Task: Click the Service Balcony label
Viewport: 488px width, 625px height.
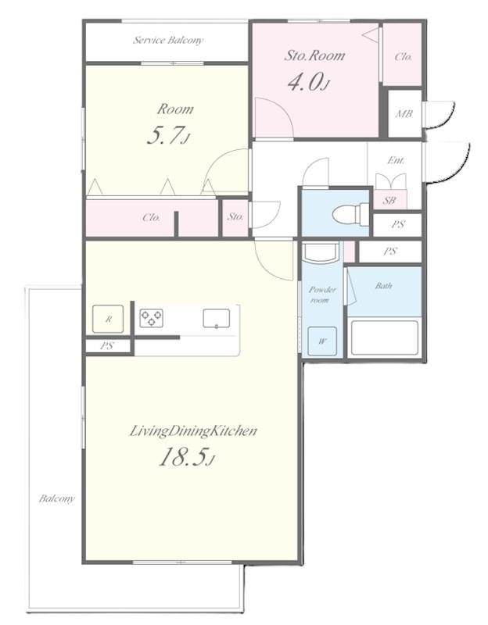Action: click(168, 40)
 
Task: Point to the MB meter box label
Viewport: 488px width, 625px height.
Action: click(404, 114)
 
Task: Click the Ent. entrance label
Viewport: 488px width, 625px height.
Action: click(396, 160)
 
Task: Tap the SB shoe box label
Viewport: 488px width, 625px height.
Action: click(389, 201)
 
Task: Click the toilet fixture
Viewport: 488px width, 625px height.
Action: click(351, 214)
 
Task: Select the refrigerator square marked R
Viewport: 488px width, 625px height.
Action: click(108, 319)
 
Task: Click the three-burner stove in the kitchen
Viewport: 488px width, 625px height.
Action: click(151, 318)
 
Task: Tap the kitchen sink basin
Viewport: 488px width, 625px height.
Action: click(217, 319)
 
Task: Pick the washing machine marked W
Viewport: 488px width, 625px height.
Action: click(322, 341)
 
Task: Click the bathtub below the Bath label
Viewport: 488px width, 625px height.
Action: click(385, 337)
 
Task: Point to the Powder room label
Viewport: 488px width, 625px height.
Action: click(322, 295)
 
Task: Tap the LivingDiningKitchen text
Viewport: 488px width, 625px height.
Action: click(193, 431)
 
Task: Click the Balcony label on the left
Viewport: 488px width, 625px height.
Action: click(56, 498)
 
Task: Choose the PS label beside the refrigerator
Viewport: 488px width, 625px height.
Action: click(106, 345)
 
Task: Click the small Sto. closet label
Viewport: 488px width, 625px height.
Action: click(235, 216)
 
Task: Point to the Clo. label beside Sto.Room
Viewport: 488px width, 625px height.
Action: click(403, 56)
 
